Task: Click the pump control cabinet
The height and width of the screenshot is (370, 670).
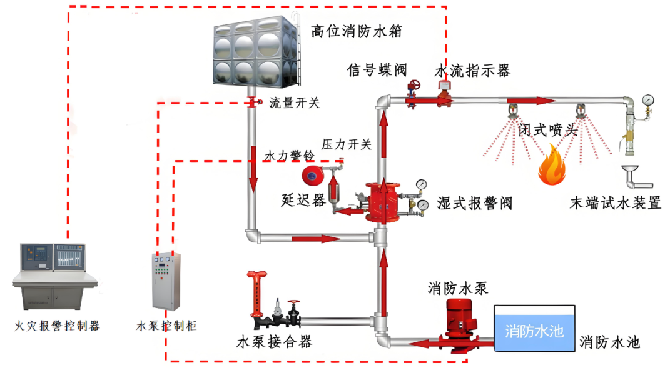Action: pyautogui.click(x=166, y=284)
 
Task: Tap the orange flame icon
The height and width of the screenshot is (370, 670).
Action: pyautogui.click(x=553, y=165)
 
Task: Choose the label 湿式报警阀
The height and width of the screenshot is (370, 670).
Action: pyautogui.click(x=475, y=203)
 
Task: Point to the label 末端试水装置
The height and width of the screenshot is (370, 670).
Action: pyautogui.click(x=616, y=203)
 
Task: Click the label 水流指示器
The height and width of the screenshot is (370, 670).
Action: pyautogui.click(x=472, y=70)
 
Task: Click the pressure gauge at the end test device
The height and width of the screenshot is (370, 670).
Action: pyautogui.click(x=647, y=100)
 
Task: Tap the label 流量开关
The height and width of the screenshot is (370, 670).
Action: pyautogui.click(x=294, y=103)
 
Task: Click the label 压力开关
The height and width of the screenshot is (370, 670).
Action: pyautogui.click(x=347, y=144)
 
